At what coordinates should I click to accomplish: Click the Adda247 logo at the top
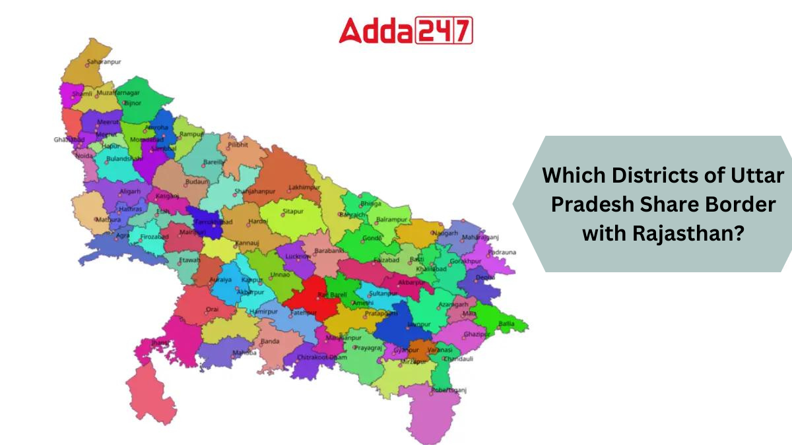click(406, 30)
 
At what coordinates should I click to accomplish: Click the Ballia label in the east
click(507, 324)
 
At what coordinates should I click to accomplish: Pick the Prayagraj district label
click(368, 347)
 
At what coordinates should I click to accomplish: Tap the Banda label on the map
click(270, 341)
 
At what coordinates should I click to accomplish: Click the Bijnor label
click(133, 104)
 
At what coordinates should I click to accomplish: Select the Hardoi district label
click(257, 221)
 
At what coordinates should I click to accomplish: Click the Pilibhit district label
click(238, 144)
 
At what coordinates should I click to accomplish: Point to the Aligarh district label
click(130, 191)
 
